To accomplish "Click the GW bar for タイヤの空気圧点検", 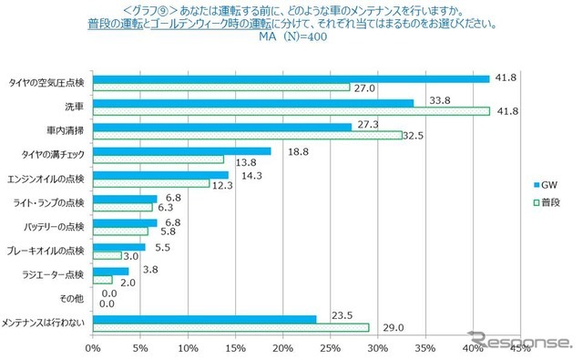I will pos(291,78).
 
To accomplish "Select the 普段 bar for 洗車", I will pos(291,111).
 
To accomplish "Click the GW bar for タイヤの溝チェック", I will pos(182,151).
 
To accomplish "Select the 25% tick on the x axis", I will pos(332,347).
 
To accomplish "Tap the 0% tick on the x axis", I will pos(93,347).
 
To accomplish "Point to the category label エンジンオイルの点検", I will pos(45,176).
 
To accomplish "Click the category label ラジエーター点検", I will pos(53,273).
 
